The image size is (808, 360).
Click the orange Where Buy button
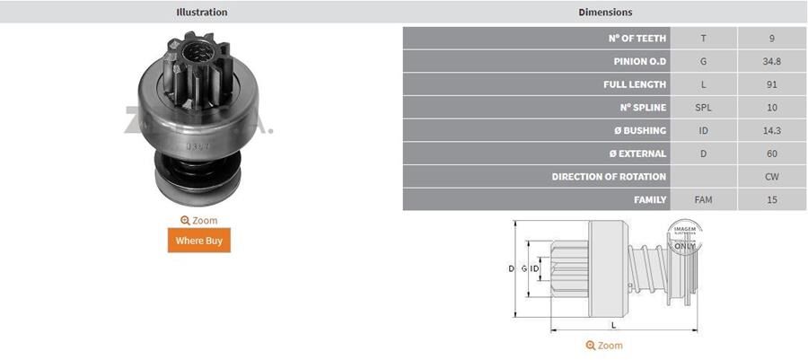pos(198,241)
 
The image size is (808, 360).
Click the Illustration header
pos(201,13)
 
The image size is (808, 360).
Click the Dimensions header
pos(605,13)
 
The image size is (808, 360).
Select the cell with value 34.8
pos(771,62)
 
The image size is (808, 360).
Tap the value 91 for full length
pos(771,84)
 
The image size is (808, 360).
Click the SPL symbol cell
pos(703,108)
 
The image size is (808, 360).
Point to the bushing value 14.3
pos(771,131)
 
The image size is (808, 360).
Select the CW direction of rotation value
pos(771,177)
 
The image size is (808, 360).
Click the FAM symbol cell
pos(703,200)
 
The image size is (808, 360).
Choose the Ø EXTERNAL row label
pos(635,154)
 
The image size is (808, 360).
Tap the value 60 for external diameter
pos(771,154)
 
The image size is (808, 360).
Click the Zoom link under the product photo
pos(198,220)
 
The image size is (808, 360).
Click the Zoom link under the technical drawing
pos(603,346)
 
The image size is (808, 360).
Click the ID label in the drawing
pos(534,268)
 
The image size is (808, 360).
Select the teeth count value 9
pos(771,40)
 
